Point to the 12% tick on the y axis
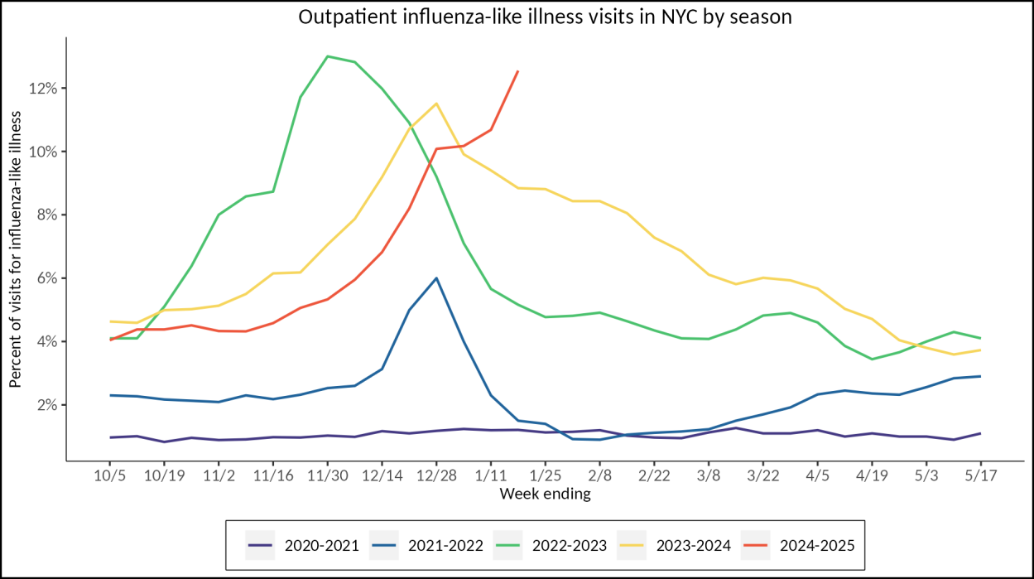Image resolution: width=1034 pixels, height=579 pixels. (44, 89)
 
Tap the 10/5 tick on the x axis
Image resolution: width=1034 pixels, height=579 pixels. (109, 477)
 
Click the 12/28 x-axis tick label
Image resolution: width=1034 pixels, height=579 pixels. (436, 477)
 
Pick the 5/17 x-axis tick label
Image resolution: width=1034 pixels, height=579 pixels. (981, 477)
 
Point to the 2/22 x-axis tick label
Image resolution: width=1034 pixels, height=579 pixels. (654, 477)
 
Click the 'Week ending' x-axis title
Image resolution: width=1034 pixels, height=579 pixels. (546, 495)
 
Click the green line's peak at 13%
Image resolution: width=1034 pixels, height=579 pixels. (328, 56)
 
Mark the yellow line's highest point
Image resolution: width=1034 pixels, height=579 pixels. (436, 104)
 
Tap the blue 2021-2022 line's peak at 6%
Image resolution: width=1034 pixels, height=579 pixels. (436, 278)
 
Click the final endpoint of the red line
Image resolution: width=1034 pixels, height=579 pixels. (517, 71)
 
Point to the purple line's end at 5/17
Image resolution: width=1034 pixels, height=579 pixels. (981, 433)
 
